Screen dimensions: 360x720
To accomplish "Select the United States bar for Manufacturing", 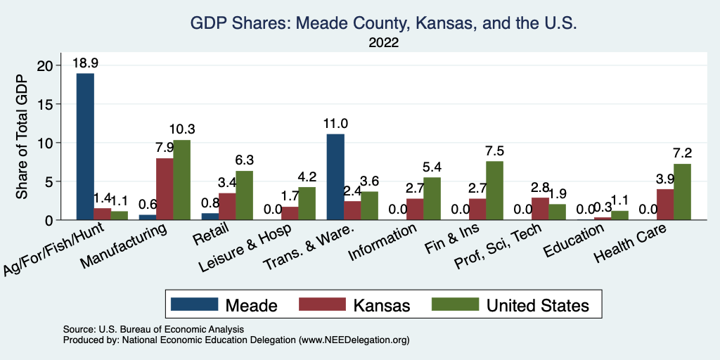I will [x=181, y=180].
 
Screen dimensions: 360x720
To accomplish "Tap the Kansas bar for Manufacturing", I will [x=165, y=189].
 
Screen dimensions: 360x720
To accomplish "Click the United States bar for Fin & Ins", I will [x=494, y=191].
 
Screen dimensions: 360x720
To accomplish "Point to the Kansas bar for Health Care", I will [x=664, y=205].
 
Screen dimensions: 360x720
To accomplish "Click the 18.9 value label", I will [x=85, y=63].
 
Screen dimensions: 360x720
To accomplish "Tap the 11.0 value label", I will [x=335, y=124].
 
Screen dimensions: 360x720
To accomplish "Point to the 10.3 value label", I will [x=181, y=129].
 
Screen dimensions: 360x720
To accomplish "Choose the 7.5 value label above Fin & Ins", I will [x=494, y=150].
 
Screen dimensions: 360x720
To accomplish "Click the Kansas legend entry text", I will [x=382, y=305].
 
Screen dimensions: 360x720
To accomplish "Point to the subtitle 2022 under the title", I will [x=383, y=43].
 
